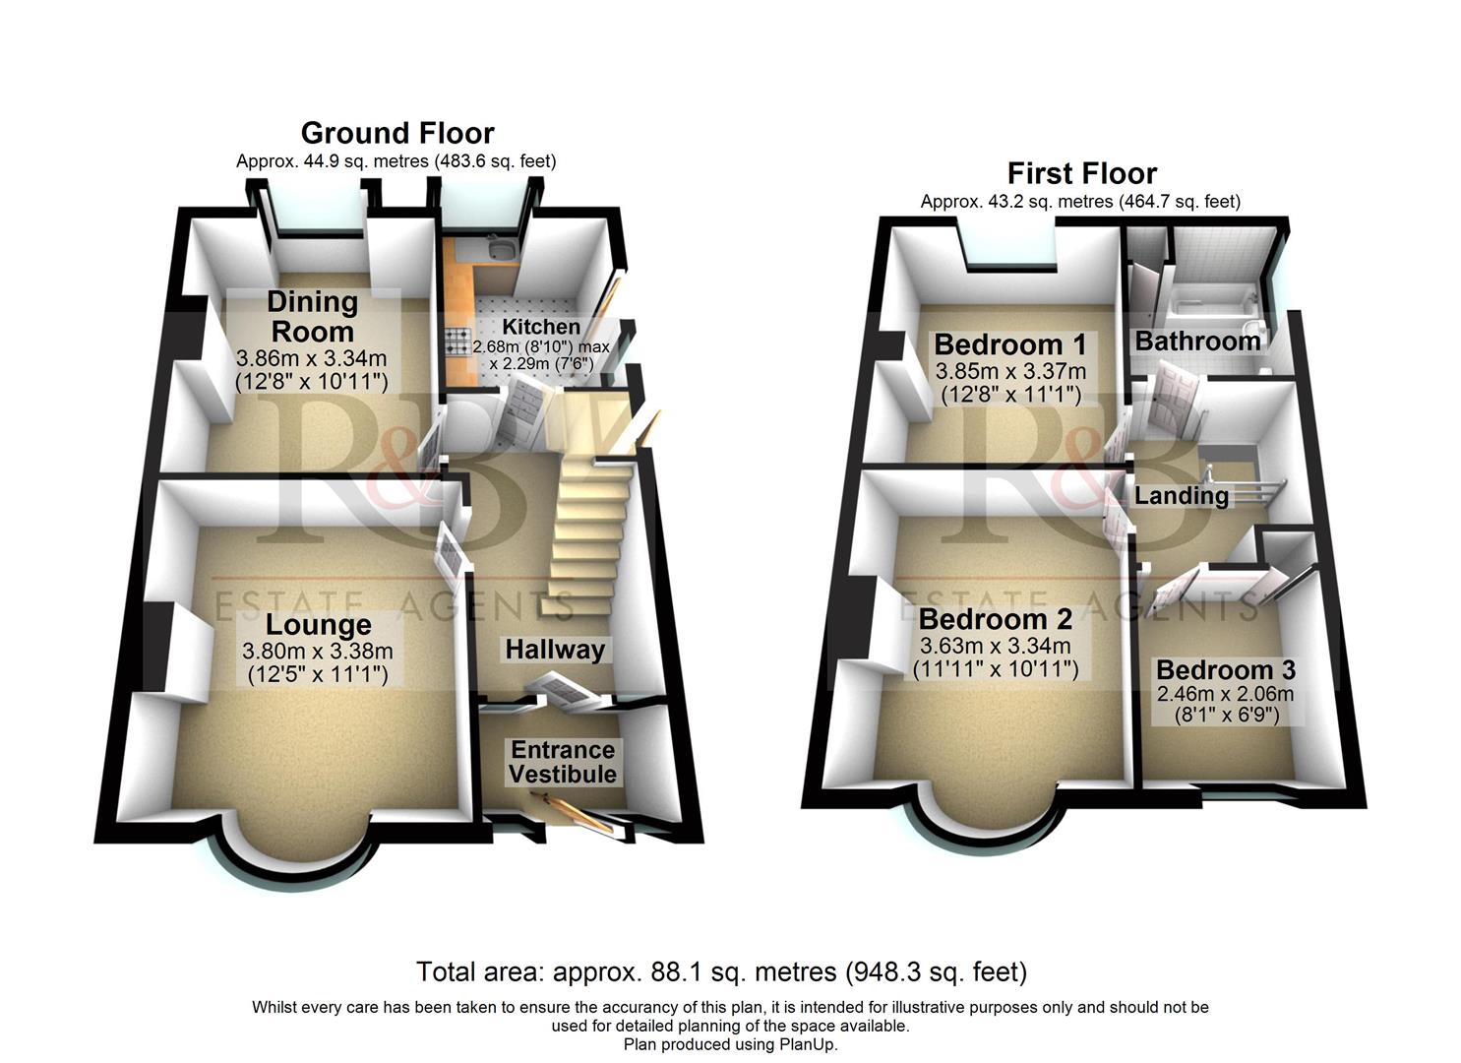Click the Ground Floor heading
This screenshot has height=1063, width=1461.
(x=396, y=133)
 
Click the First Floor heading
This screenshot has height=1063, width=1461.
(x=1081, y=173)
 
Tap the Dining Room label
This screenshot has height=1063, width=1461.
(x=312, y=316)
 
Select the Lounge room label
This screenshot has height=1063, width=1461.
(x=318, y=625)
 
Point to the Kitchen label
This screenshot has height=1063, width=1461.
(x=541, y=327)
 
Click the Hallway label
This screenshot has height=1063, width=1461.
(x=555, y=650)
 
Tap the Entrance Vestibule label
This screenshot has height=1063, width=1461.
(x=563, y=762)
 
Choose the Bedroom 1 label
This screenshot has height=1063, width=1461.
(x=1010, y=344)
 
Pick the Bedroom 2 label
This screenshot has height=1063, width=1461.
(x=995, y=620)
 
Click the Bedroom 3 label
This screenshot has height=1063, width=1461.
(x=1225, y=670)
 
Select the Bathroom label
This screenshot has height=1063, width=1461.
(x=1197, y=342)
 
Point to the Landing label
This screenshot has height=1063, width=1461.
(x=1181, y=495)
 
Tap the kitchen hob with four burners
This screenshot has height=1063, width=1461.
(x=457, y=342)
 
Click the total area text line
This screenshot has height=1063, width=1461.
(x=721, y=972)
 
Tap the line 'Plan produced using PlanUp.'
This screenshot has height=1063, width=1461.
(x=730, y=1045)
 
